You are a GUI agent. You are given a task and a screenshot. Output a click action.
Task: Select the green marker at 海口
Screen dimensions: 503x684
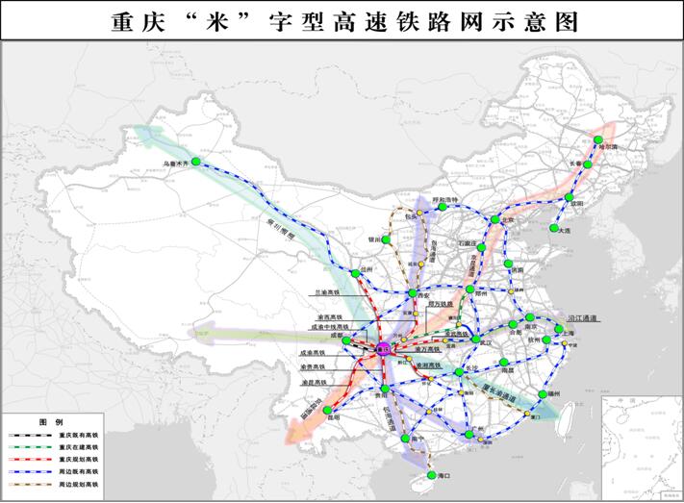(x=430, y=475)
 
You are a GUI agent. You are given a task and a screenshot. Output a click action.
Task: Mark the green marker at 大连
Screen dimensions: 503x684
(x=556, y=229)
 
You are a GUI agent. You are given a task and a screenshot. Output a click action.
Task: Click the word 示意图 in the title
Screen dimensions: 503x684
(x=544, y=20)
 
